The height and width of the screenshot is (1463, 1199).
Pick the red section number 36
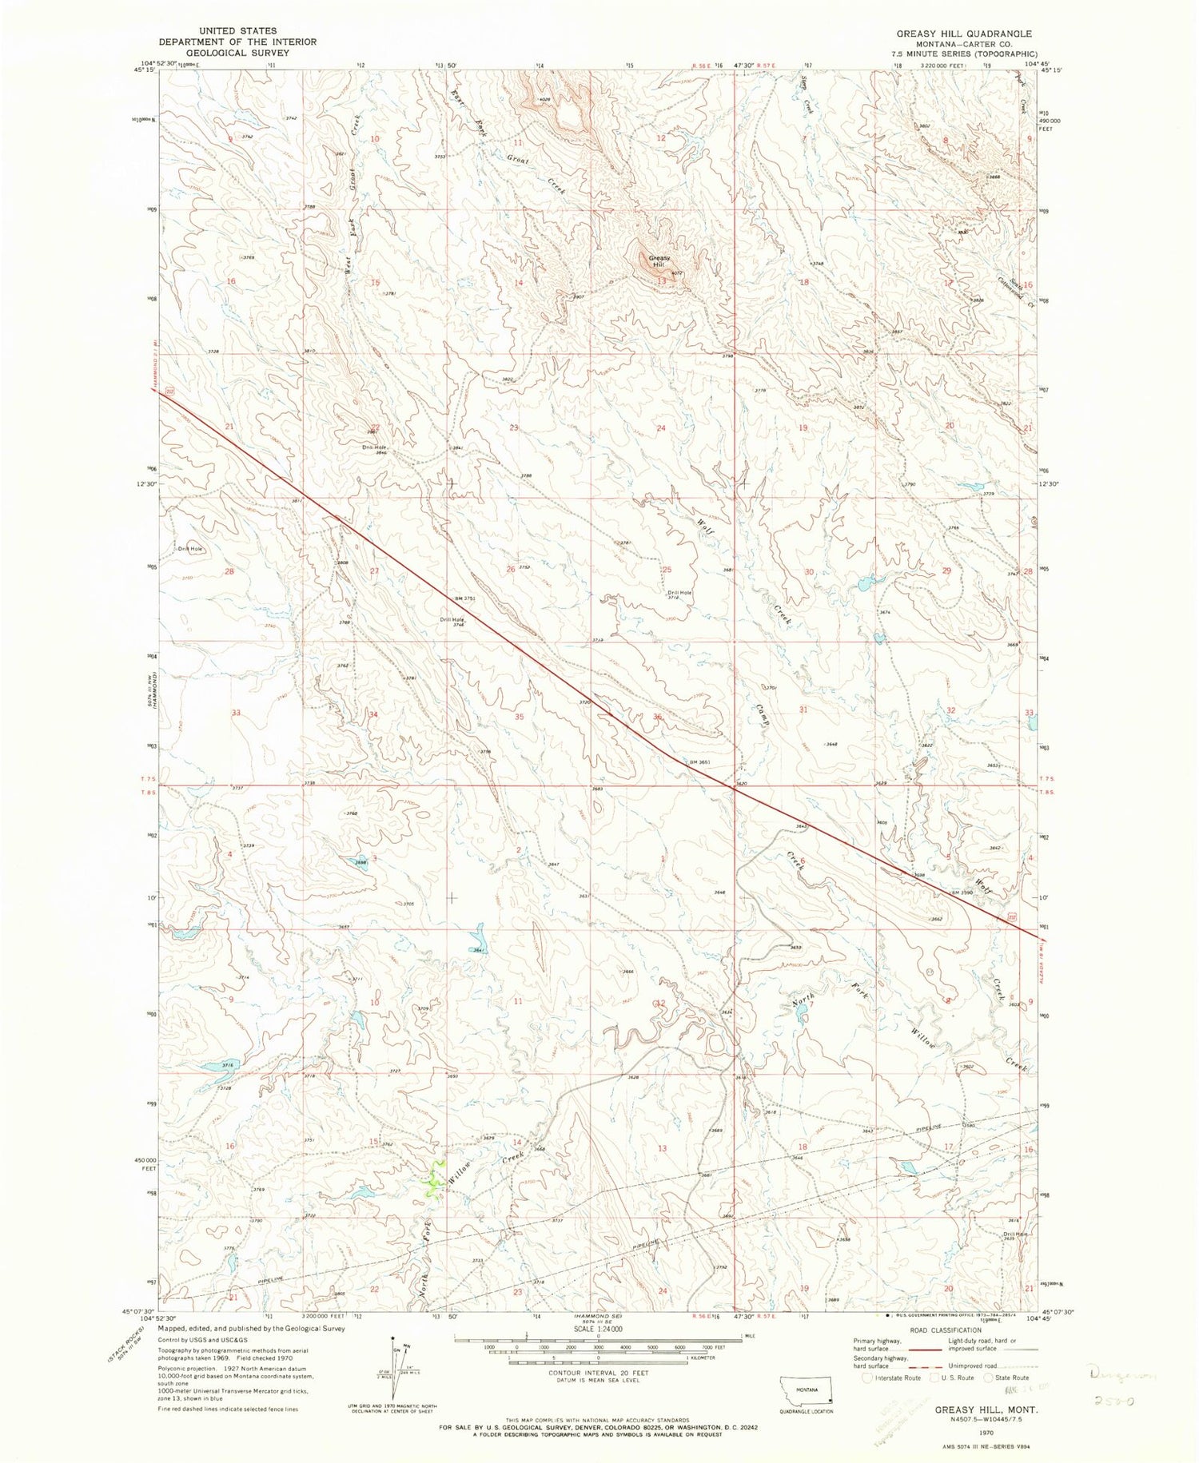[658, 718]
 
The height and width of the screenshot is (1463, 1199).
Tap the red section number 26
[511, 569]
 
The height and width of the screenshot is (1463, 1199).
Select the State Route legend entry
[1016, 1378]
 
